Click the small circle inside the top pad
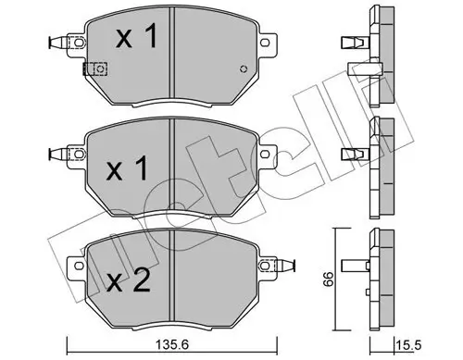point(244,68)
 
